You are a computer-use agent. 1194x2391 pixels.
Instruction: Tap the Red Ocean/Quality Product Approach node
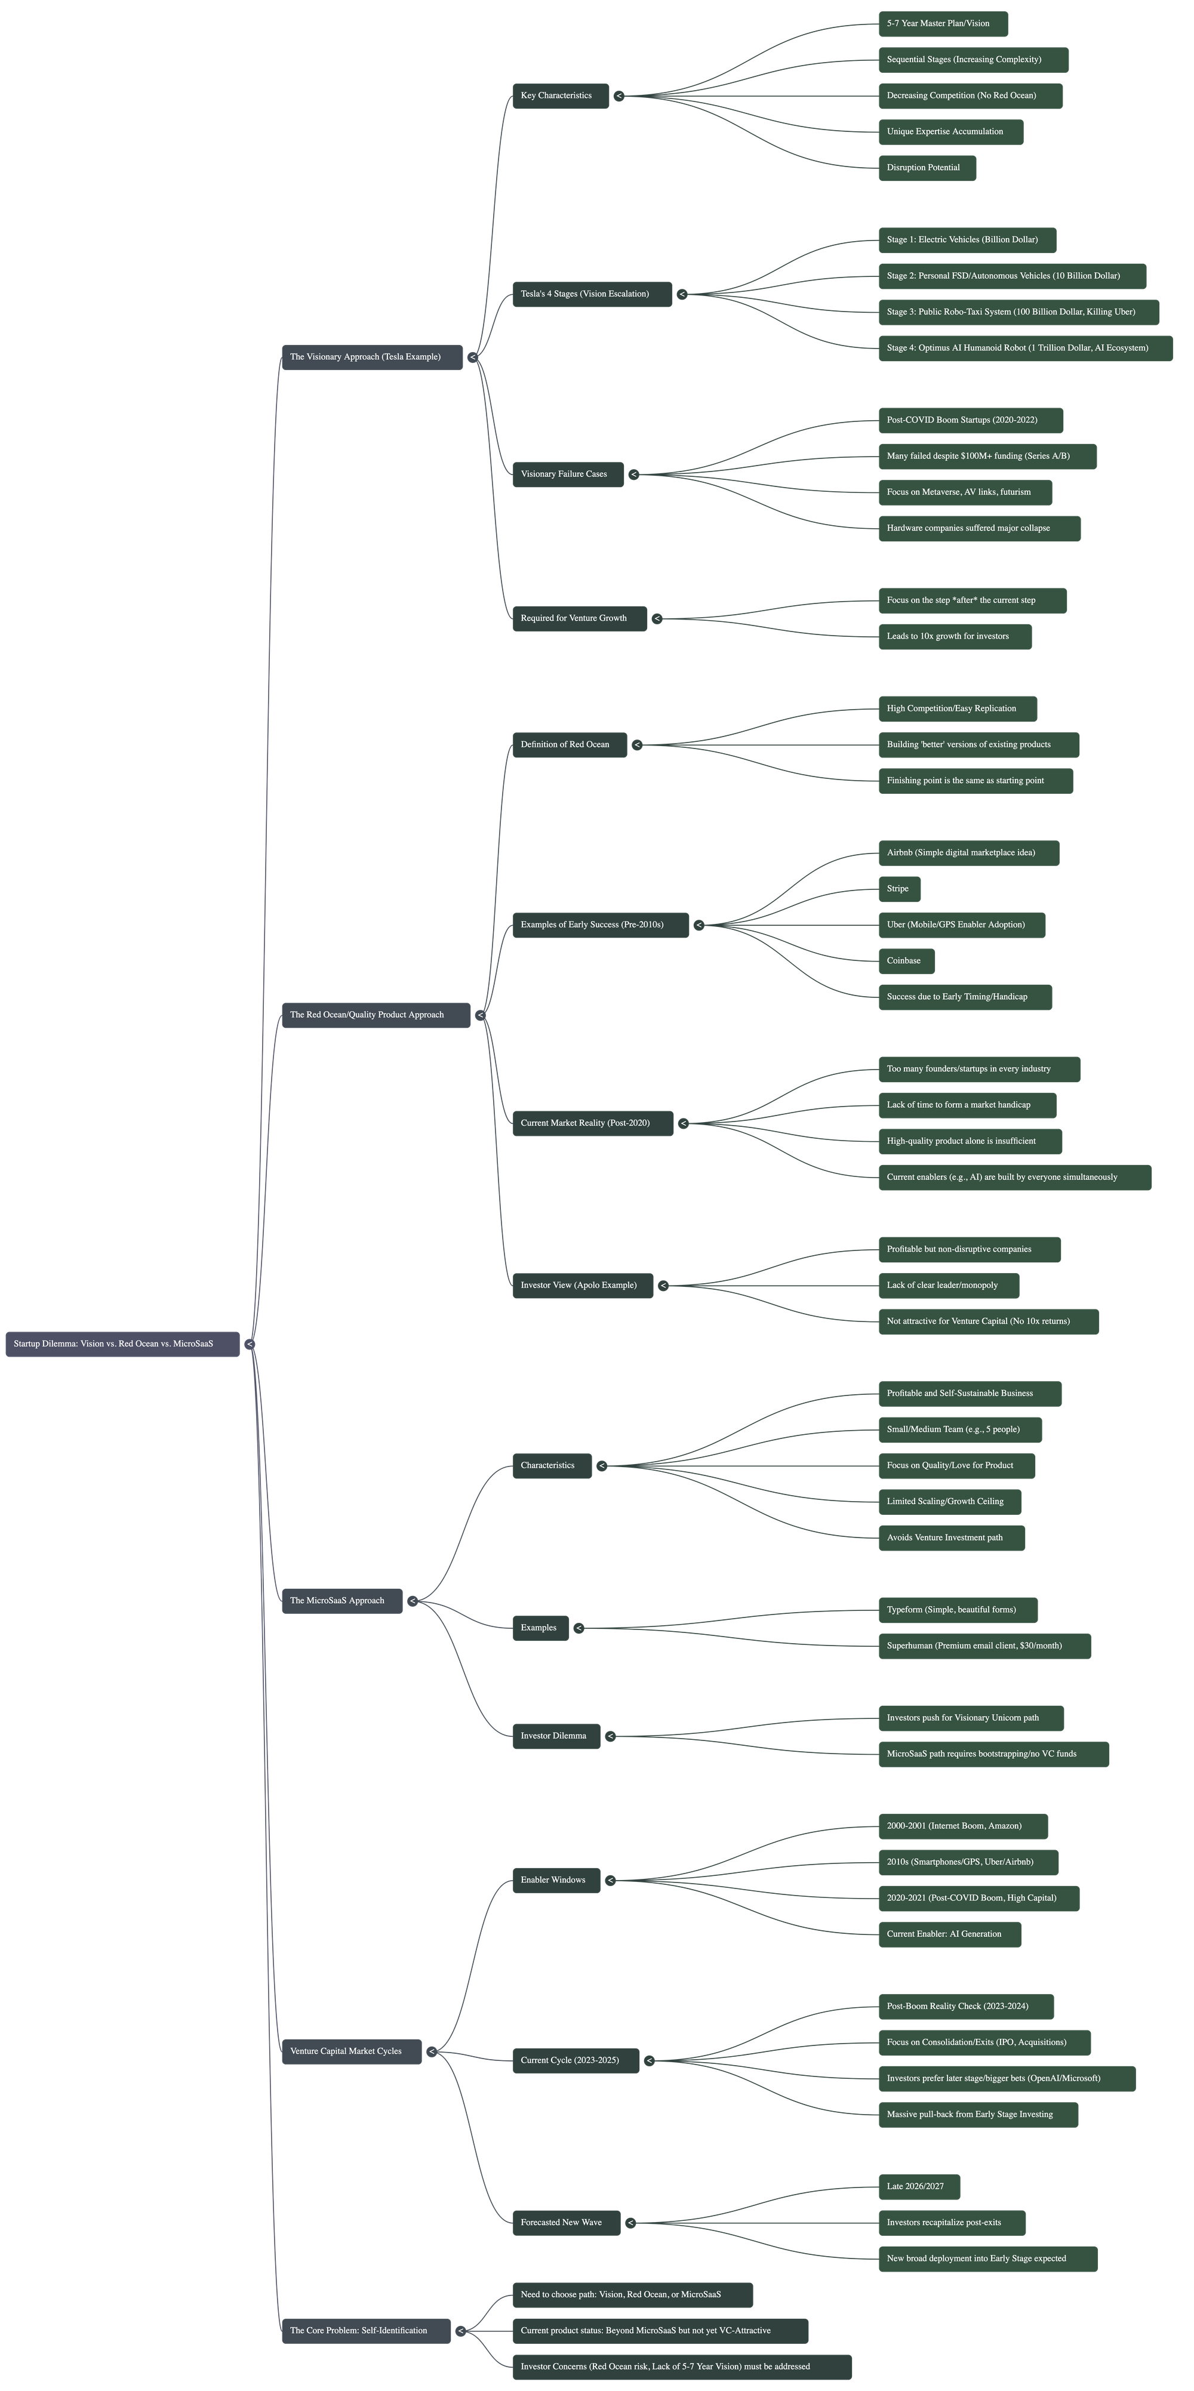(375, 1015)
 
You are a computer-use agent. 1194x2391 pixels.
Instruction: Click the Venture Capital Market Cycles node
(351, 2051)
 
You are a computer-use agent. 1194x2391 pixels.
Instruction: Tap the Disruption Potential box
(927, 168)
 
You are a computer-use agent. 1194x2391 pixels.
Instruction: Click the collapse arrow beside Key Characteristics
(619, 95)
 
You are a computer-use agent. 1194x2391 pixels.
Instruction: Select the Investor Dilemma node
(555, 1736)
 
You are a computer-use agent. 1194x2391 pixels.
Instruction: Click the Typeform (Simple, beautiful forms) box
(957, 1610)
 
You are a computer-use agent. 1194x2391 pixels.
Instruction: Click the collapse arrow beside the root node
(250, 1344)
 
